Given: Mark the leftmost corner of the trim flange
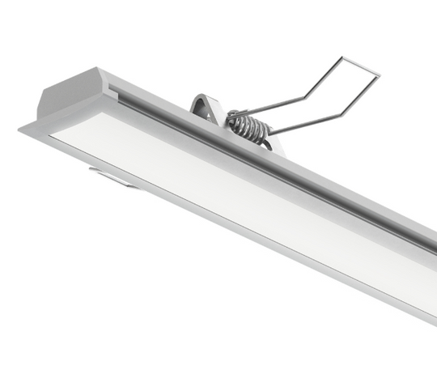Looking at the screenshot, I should coord(20,127).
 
